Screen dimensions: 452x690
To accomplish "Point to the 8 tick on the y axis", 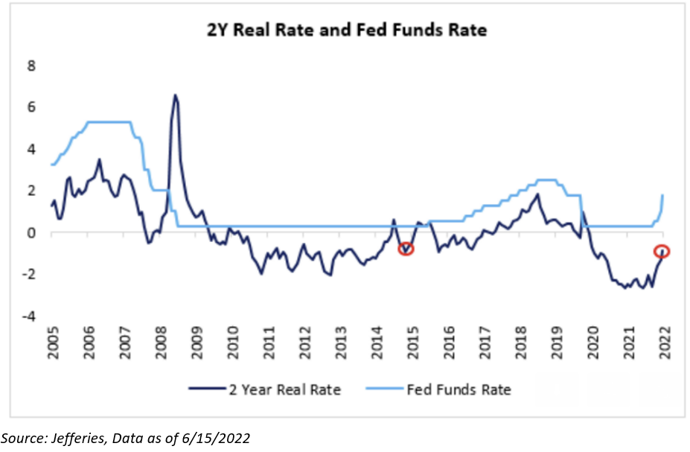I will (32, 66).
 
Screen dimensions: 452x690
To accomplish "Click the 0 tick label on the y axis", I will (32, 233).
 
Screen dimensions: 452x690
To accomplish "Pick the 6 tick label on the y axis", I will (32, 107).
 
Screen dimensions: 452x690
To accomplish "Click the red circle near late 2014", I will (405, 249).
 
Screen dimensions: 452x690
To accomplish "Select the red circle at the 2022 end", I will (662, 251).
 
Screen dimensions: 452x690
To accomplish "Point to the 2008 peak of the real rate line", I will (175, 95).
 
